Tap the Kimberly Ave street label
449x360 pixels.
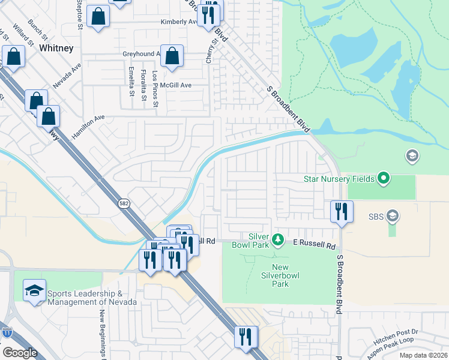click(x=179, y=22)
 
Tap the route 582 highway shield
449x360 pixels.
click(x=123, y=203)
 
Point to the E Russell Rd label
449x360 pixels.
click(x=314, y=245)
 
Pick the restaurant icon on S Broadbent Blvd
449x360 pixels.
click(x=341, y=211)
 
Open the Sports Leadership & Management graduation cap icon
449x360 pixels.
click(x=34, y=291)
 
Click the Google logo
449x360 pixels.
click(x=20, y=353)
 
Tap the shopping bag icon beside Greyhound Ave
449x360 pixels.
click(x=172, y=56)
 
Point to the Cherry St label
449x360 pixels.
click(x=210, y=52)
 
